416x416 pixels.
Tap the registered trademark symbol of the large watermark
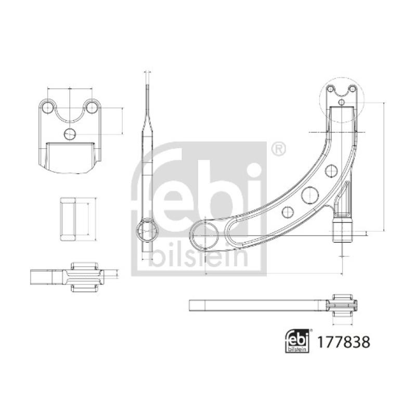coord(278,149)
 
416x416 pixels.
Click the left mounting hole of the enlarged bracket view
coord(47,108)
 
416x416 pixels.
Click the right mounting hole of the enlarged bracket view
coord(92,108)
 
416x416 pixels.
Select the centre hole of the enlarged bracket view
coord(70,134)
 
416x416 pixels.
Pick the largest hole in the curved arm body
coord(309,195)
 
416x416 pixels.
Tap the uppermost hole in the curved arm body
coord(331,170)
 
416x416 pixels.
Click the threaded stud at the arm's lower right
coord(342,230)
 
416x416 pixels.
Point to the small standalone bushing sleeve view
coord(69,219)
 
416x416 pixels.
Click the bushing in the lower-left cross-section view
coord(84,277)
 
